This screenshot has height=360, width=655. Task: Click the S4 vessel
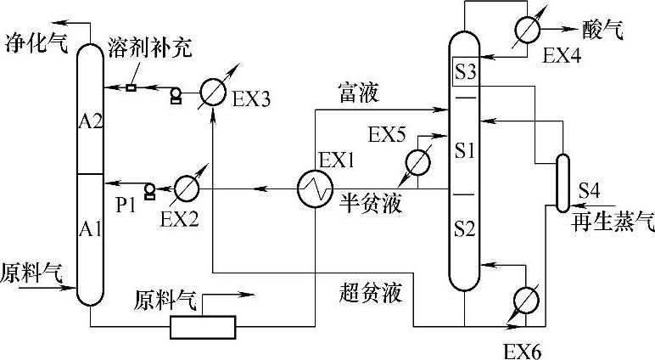(x=562, y=182)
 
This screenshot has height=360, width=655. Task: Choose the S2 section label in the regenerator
(x=464, y=227)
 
